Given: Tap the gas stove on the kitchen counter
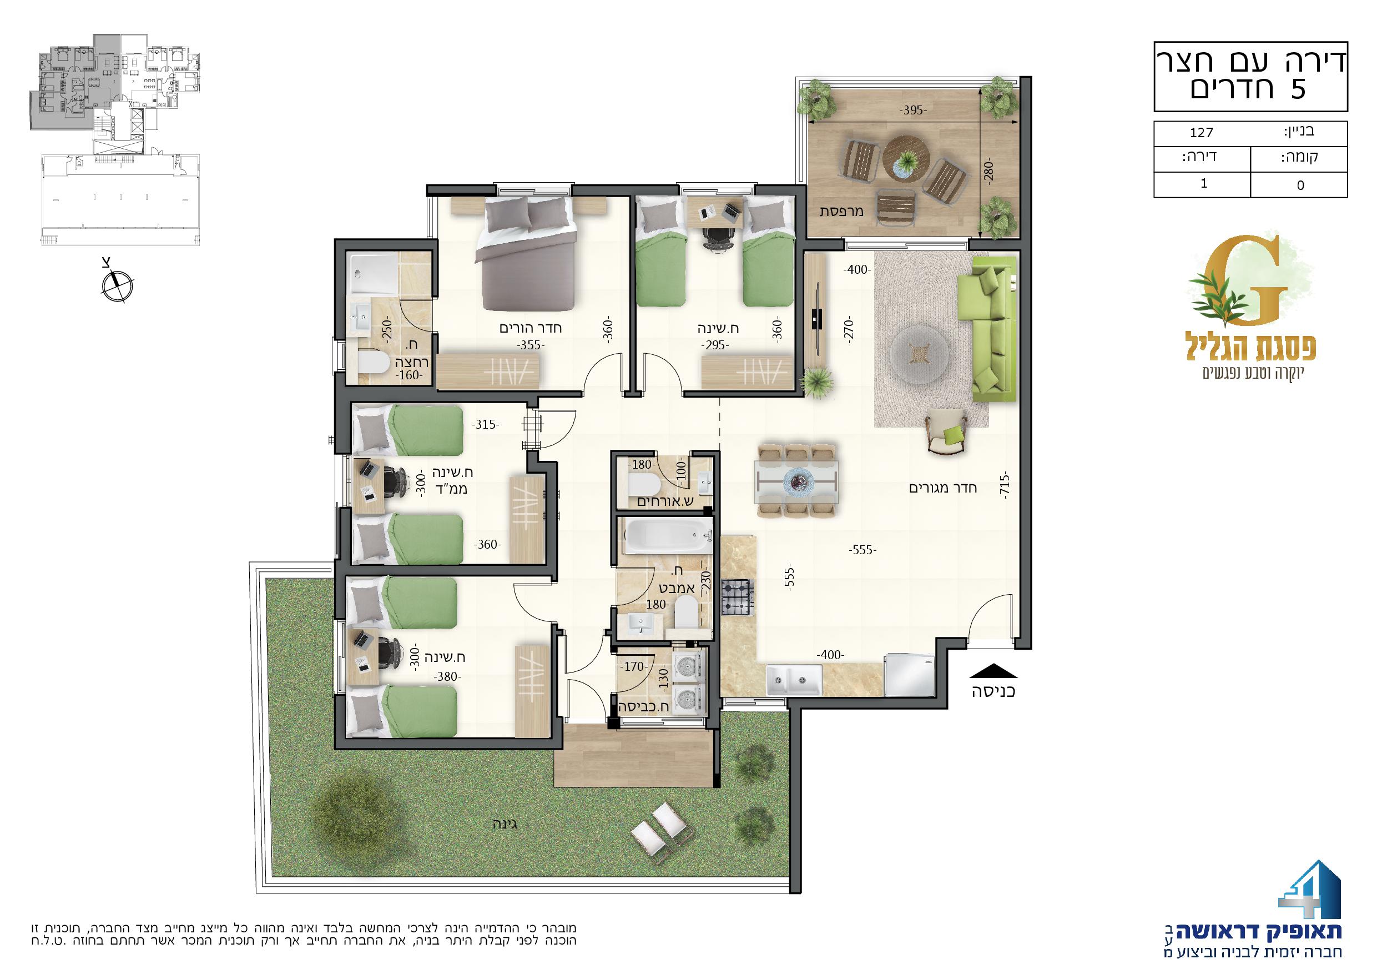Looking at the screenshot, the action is pyautogui.click(x=737, y=598).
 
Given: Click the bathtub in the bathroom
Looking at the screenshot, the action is pyautogui.click(x=668, y=536).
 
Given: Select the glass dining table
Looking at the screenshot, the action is pyautogui.click(x=797, y=481).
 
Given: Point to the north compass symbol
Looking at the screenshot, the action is pyautogui.click(x=118, y=284).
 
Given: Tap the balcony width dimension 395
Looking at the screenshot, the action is pyautogui.click(x=914, y=111).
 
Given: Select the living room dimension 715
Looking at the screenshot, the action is pyautogui.click(x=1005, y=484).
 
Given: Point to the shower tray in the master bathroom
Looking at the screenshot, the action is pyautogui.click(x=373, y=273).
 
